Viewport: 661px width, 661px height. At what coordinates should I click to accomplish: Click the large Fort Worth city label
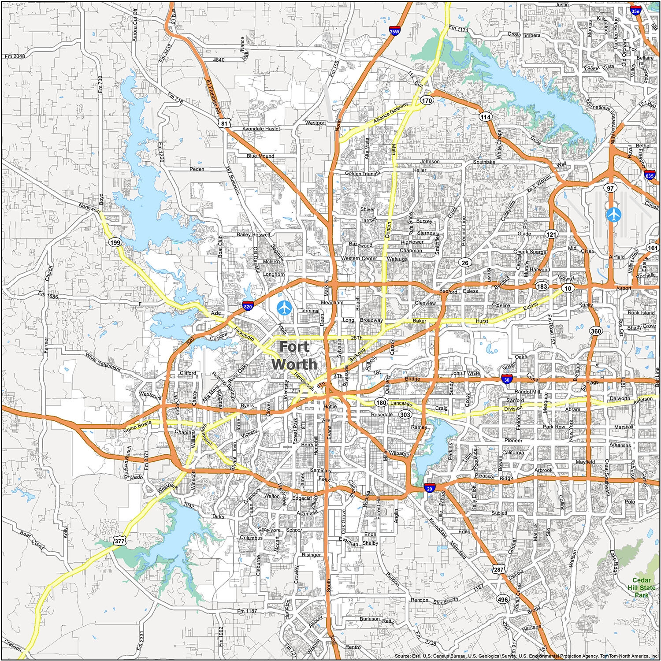click(x=294, y=355)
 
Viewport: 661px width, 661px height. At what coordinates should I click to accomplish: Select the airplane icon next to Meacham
click(x=284, y=307)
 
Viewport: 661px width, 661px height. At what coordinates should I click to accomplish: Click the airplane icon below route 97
click(x=613, y=215)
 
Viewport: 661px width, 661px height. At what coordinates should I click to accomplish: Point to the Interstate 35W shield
click(x=394, y=31)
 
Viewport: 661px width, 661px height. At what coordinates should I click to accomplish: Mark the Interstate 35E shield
click(x=635, y=9)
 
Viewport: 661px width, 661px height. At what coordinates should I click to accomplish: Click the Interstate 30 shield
click(x=507, y=379)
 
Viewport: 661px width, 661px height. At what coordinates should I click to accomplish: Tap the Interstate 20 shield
click(x=430, y=487)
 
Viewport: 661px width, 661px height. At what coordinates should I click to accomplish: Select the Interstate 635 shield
click(x=649, y=175)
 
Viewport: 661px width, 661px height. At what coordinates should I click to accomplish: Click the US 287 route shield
click(x=498, y=569)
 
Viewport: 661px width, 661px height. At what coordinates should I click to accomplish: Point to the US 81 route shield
click(x=224, y=123)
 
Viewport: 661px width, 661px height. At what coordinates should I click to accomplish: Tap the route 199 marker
click(x=115, y=242)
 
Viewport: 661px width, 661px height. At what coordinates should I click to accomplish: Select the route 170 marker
click(x=427, y=100)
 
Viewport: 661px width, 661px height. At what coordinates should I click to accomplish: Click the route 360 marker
click(x=596, y=331)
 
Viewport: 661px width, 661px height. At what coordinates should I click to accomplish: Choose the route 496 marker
click(x=502, y=599)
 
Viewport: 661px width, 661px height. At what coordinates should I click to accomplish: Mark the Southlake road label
click(x=484, y=162)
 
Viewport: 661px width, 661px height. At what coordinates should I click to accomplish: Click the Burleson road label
click(x=369, y=619)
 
